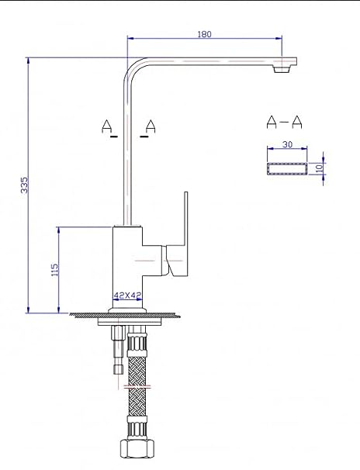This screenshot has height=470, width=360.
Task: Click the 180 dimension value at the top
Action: [204, 34]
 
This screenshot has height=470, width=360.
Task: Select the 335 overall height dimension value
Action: [24, 185]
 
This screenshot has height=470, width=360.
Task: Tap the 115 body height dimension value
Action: [55, 270]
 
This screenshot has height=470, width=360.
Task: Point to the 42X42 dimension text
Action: [127, 295]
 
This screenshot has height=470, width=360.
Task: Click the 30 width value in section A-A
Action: [287, 144]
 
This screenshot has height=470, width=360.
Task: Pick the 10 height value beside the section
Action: [320, 168]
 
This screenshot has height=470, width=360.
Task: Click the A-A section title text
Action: [284, 122]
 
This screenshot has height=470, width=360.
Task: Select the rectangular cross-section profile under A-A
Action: [287, 168]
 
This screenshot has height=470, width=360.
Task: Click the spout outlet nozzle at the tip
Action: [282, 69]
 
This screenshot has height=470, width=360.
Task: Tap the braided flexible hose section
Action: [137, 386]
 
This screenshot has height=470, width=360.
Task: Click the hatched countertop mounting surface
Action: [124, 315]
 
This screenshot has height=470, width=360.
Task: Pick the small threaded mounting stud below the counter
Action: [117, 350]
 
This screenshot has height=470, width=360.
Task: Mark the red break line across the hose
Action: [137, 387]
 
